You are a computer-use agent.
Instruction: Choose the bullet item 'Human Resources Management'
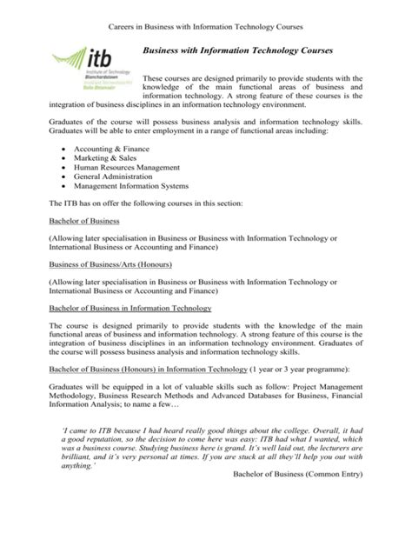127,172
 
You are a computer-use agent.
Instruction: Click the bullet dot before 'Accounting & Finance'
66,150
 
